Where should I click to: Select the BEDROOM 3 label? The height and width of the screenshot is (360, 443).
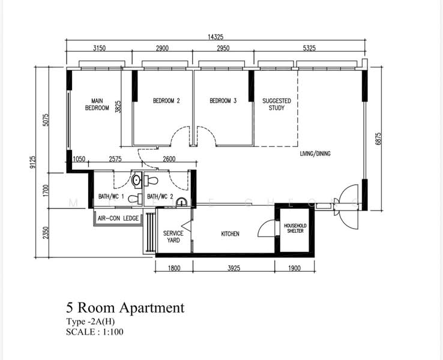(x=223, y=101)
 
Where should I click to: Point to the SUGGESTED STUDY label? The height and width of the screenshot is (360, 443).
(x=277, y=104)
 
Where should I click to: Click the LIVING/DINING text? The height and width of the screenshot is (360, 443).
(x=315, y=154)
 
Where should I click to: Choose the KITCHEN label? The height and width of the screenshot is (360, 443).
(x=231, y=234)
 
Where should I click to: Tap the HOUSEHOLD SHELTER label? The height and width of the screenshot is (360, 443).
(x=295, y=229)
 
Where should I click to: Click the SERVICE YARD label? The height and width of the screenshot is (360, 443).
(x=173, y=236)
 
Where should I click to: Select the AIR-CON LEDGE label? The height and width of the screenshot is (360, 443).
(x=118, y=218)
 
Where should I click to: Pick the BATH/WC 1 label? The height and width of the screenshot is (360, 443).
(x=111, y=197)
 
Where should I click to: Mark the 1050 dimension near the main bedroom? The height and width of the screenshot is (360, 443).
(x=79, y=159)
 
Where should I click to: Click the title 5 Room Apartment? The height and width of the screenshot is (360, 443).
(x=125, y=308)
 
